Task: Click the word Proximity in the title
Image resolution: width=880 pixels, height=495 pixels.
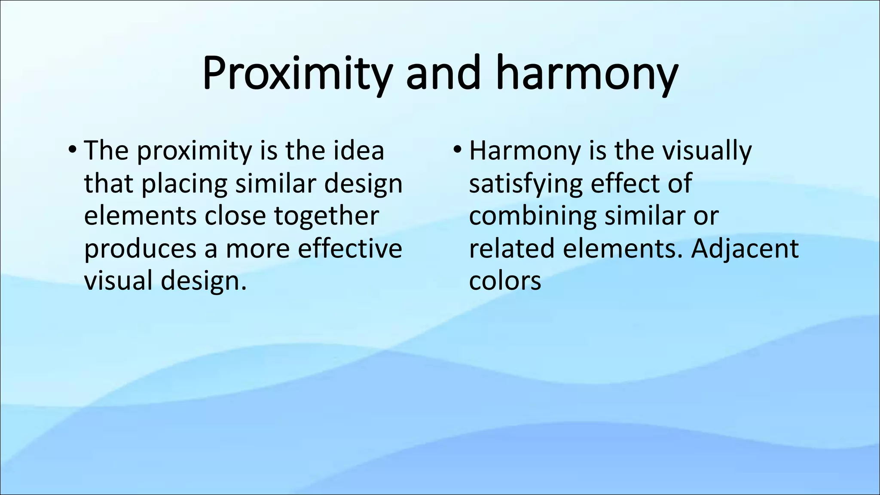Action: [x=296, y=74]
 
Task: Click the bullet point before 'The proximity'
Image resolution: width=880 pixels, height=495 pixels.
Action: [x=72, y=150]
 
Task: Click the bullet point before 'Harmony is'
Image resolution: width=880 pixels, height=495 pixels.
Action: [x=457, y=150]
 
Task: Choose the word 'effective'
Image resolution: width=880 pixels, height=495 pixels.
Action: [x=350, y=248]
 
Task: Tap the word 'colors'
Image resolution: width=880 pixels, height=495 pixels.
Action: [x=505, y=281]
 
